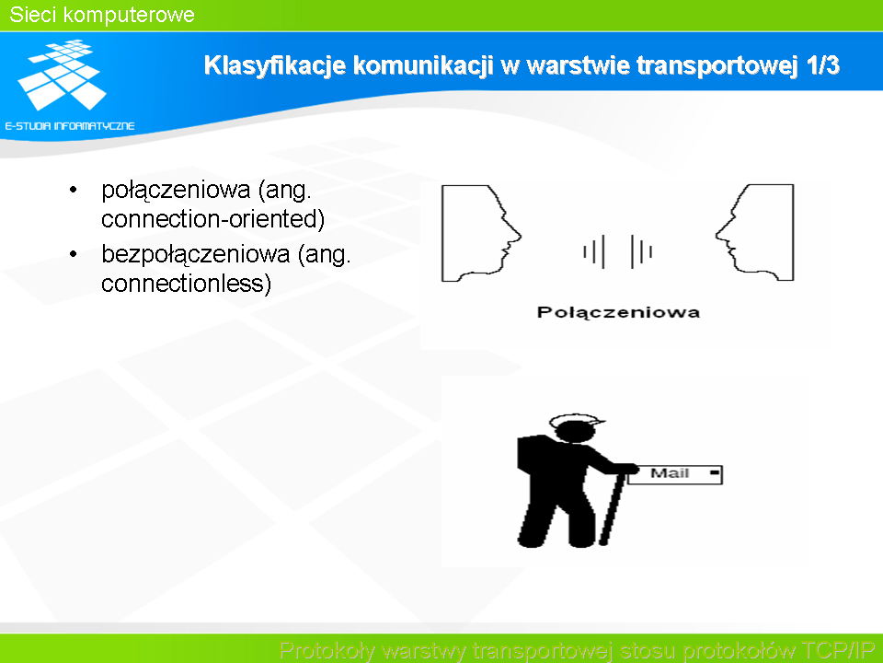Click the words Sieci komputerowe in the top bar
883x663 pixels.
point(102,15)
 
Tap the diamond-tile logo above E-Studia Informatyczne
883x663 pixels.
point(62,75)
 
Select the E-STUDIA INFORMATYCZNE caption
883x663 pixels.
point(70,126)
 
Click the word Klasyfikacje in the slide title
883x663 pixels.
point(274,65)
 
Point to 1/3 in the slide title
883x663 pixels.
point(822,64)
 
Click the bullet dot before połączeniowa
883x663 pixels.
point(73,190)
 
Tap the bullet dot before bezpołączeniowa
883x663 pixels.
point(73,254)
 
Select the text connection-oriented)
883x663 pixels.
point(212,219)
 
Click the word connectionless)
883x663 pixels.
point(186,283)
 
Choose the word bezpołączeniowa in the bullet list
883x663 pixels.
point(195,255)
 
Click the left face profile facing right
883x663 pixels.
point(481,233)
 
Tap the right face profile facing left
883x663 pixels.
point(754,232)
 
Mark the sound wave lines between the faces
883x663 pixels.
point(618,251)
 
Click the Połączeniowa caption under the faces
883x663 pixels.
point(618,313)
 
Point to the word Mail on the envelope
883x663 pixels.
point(670,473)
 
